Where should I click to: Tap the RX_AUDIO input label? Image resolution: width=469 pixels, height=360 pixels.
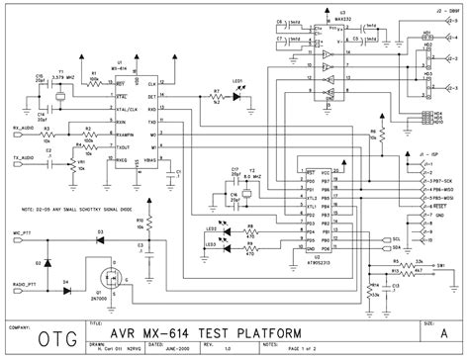coord(22,127)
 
